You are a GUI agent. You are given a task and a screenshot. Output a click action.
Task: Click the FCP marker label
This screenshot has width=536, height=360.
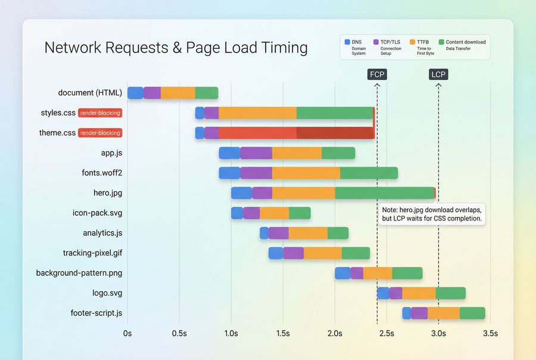pyautogui.click(x=377, y=75)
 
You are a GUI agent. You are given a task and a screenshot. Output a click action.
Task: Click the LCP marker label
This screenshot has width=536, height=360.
pyautogui.click(x=438, y=75)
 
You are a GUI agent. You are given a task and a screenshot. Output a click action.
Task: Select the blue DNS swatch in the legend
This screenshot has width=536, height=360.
pyautogui.click(x=348, y=42)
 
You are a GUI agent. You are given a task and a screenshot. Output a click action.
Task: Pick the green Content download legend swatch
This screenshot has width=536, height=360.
pyautogui.click(x=441, y=42)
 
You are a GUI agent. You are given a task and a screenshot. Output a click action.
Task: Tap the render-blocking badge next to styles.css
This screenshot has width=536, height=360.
pyautogui.click(x=100, y=113)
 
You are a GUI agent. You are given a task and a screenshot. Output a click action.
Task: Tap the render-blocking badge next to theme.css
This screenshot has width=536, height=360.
pyautogui.click(x=100, y=133)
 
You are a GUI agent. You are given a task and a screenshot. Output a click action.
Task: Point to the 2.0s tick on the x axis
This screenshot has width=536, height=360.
pyautogui.click(x=335, y=333)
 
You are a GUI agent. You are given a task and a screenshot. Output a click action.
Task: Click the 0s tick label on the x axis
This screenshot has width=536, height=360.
pyautogui.click(x=127, y=333)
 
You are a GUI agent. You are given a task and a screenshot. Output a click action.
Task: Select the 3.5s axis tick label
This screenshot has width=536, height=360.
pyautogui.click(x=490, y=333)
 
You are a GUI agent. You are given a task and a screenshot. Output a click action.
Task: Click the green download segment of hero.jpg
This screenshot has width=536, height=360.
pyautogui.click(x=384, y=193)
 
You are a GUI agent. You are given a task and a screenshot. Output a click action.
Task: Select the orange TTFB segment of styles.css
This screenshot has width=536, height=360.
pyautogui.click(x=257, y=113)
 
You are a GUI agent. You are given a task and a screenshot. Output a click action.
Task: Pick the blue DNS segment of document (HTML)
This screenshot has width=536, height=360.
pyautogui.click(x=135, y=93)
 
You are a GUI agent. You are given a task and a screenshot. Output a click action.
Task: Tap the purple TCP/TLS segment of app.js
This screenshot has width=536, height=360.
pyautogui.click(x=256, y=153)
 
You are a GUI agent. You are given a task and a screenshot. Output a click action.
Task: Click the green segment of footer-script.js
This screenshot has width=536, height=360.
pyautogui.click(x=472, y=314)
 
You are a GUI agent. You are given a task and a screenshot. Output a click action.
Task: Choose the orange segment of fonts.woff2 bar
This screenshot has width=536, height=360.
pyautogui.click(x=306, y=173)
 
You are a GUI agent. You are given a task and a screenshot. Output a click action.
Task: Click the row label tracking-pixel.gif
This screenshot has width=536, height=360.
pyautogui.click(x=92, y=253)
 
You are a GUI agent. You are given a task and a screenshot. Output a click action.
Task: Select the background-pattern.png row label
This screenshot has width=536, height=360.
pyautogui.click(x=79, y=273)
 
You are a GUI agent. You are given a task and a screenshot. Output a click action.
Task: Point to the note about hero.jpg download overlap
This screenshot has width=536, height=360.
pyautogui.click(x=432, y=215)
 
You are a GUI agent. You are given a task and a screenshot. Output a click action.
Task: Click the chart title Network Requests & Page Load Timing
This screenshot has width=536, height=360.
pyautogui.click(x=176, y=48)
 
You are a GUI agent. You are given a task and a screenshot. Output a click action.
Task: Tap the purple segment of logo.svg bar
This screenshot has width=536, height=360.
pyautogui.click(x=395, y=293)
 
